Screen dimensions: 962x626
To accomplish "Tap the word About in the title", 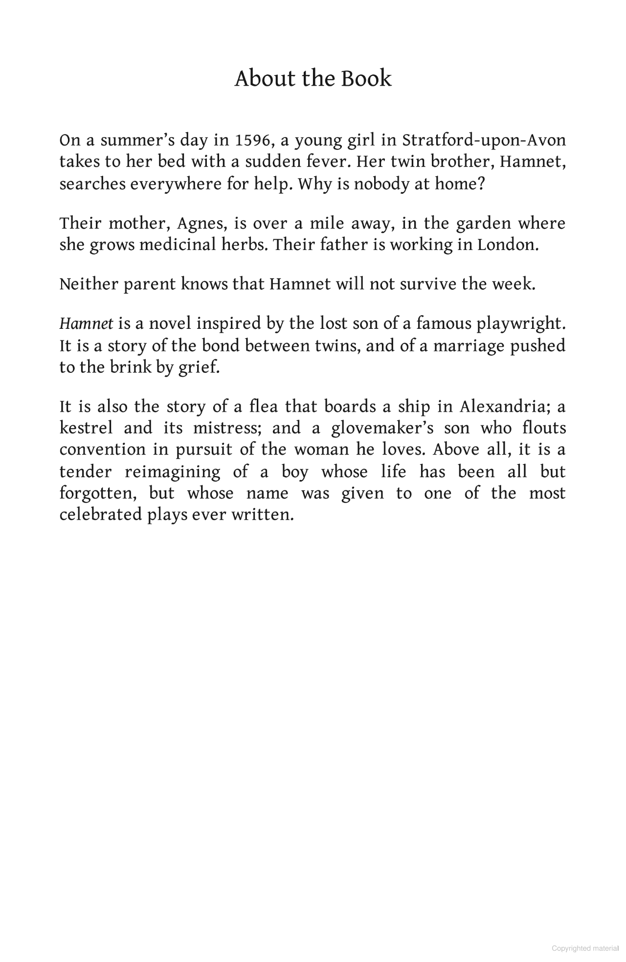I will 259,79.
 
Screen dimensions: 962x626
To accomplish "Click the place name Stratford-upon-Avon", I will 484,140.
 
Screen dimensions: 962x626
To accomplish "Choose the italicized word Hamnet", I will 86,324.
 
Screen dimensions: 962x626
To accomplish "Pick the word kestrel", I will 86,429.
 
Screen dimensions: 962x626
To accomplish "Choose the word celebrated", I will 100,515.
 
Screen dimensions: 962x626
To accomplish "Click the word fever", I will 324,162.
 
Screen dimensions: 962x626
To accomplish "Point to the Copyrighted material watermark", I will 585,948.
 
